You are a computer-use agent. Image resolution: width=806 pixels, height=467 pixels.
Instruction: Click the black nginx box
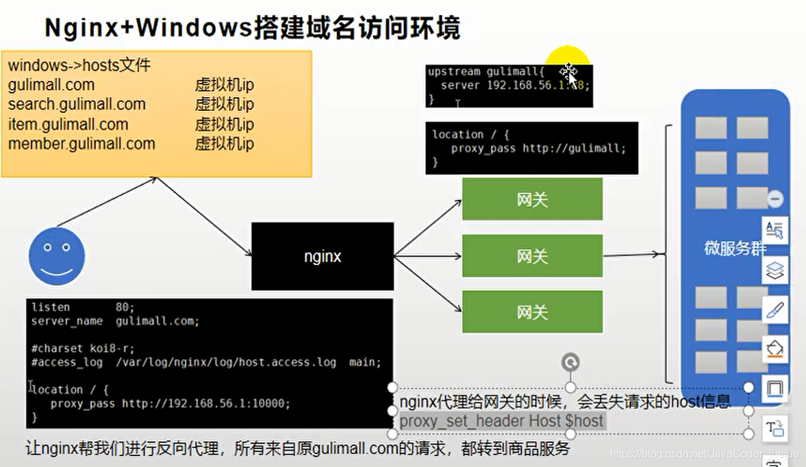(323, 257)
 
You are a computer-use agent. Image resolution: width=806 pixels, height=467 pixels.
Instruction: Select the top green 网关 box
(532, 199)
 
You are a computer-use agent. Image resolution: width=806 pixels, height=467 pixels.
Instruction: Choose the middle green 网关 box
(532, 256)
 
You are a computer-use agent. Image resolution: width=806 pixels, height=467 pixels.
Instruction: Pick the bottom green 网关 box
(532, 312)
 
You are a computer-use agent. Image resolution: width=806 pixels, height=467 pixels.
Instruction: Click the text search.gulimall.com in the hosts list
(77, 105)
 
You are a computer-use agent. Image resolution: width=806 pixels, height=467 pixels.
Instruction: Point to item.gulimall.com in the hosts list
(68, 125)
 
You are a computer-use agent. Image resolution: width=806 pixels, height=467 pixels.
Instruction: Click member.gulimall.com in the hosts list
(81, 144)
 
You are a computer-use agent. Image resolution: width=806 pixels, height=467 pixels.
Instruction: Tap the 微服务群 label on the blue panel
(734, 249)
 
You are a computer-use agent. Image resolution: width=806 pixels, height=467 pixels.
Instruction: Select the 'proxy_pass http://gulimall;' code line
(538, 148)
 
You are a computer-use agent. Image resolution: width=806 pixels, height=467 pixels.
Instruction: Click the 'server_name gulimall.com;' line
(115, 321)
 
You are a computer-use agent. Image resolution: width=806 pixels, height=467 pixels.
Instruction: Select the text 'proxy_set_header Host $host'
(502, 420)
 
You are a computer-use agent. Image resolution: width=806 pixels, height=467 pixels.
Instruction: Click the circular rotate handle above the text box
(570, 362)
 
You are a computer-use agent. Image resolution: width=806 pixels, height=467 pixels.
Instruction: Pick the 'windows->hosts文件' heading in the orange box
(79, 66)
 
